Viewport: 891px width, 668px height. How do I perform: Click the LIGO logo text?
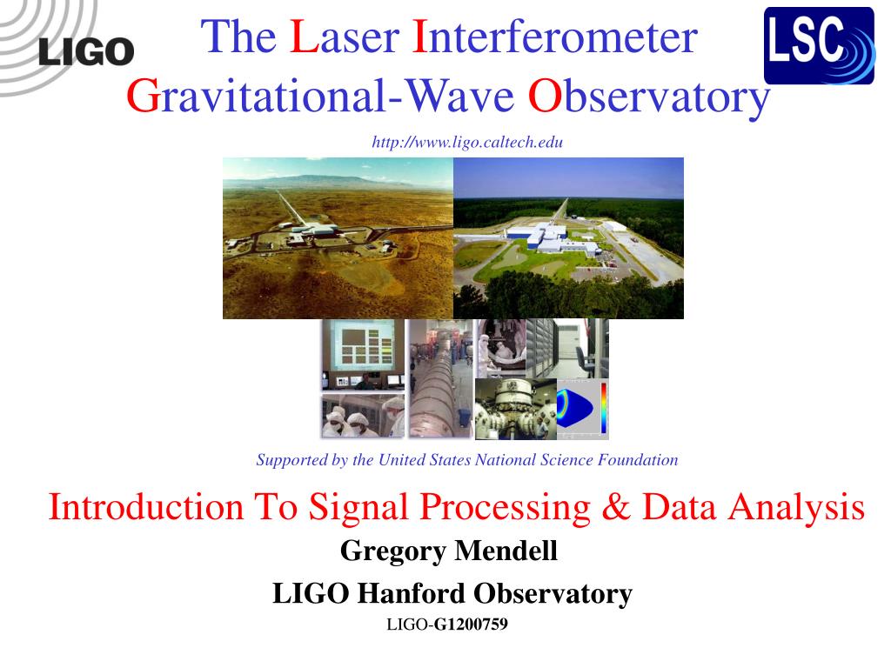(85, 51)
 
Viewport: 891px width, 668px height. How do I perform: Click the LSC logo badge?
(818, 45)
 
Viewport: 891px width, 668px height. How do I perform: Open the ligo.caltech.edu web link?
(467, 143)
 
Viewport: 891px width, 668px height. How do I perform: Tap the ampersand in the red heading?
(614, 507)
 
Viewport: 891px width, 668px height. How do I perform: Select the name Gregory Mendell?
(448, 551)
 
